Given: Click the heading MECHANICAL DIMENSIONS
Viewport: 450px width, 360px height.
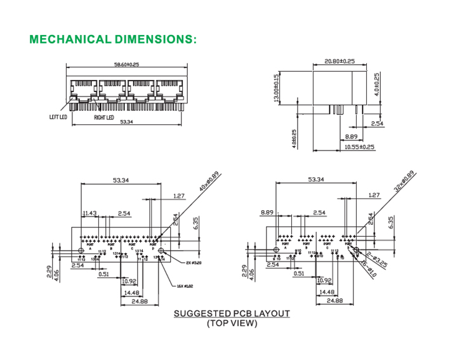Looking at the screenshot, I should pyautogui.click(x=114, y=39).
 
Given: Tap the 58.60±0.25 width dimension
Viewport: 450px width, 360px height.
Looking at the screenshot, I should pyautogui.click(x=126, y=63).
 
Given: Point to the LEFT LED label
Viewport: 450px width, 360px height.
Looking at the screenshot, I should pyautogui.click(x=58, y=117).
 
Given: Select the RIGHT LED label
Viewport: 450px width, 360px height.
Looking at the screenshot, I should pyautogui.click(x=103, y=117).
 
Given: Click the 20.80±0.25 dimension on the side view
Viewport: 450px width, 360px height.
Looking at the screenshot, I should pyautogui.click(x=340, y=62).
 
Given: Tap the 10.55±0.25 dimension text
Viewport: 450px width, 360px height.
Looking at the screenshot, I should pyautogui.click(x=359, y=147).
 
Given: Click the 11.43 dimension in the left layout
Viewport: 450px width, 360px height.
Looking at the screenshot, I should pyautogui.click(x=89, y=213).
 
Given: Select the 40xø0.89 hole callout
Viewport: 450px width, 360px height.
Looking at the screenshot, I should pyautogui.click(x=208, y=182).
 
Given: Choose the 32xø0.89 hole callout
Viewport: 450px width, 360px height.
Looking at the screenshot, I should pyautogui.click(x=404, y=181).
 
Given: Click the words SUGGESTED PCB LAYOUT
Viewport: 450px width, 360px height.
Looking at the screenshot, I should pyautogui.click(x=232, y=314).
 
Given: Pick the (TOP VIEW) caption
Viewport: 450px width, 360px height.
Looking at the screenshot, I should pyautogui.click(x=232, y=323).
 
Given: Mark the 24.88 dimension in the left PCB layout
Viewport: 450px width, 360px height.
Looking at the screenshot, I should pyautogui.click(x=140, y=302).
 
